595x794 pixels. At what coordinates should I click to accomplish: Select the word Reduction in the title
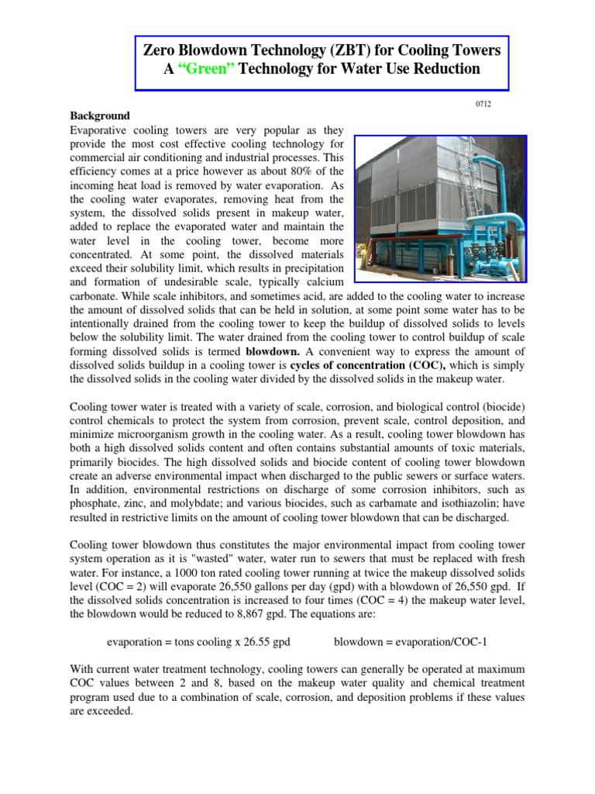tap(441, 69)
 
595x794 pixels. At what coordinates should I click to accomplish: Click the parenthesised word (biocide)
tap(501, 406)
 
